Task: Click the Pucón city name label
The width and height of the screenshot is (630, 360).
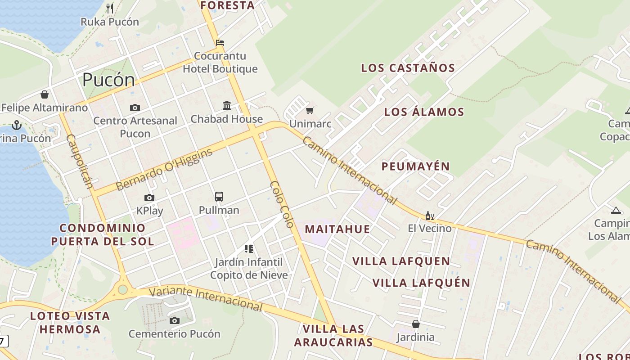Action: [x=108, y=80]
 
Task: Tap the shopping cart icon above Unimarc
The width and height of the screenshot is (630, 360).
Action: [x=310, y=110]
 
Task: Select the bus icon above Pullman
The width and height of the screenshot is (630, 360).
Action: [x=219, y=197]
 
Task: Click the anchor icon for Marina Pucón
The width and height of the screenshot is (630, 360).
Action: [x=17, y=125]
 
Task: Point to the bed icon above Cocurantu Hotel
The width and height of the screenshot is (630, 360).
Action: [x=220, y=43]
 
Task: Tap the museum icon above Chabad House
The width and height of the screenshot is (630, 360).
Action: [x=227, y=106]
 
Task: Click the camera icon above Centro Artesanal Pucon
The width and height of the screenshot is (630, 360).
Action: [x=135, y=108]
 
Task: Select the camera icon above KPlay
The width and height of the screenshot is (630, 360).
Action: [x=149, y=198]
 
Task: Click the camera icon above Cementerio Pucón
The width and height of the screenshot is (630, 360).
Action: [x=175, y=320]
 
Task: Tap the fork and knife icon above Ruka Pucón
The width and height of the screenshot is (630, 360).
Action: [x=110, y=8]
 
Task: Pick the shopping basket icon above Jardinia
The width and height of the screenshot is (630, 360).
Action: [x=416, y=324]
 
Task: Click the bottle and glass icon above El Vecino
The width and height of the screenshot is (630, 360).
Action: [x=429, y=216]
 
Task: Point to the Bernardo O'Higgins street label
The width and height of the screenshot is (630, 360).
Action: [x=164, y=169]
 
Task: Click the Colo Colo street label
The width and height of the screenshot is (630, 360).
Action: [x=282, y=204]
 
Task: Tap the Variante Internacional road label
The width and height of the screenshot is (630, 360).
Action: [x=206, y=298]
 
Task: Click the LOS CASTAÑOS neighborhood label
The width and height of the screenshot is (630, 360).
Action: [x=408, y=68]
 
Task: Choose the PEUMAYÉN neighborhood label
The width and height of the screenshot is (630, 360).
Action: [x=416, y=166]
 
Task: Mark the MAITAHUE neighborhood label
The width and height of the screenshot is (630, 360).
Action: [x=337, y=229]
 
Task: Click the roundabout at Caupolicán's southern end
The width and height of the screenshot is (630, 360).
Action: [x=122, y=289]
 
